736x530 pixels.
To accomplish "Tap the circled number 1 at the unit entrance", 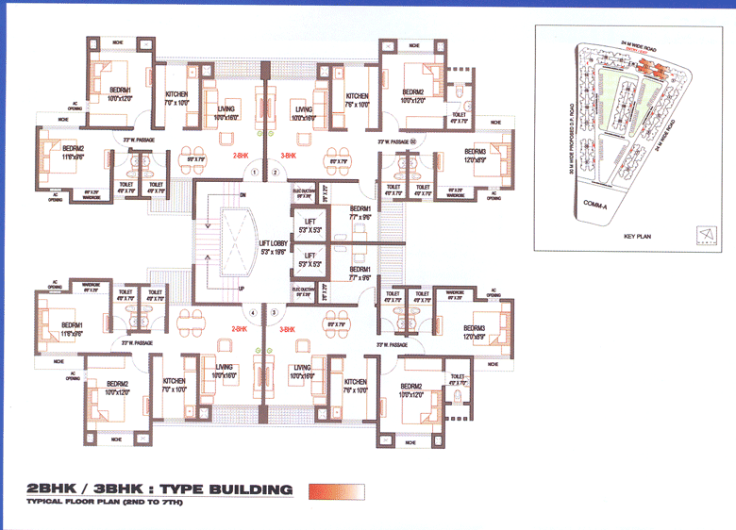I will click(x=254, y=173).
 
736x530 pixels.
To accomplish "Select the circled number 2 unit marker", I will click(x=275, y=173).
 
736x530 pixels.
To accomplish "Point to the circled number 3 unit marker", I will click(x=275, y=312).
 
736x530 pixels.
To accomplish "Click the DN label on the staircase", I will click(x=243, y=195).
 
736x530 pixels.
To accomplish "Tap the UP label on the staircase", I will click(x=243, y=289).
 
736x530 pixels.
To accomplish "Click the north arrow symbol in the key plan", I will click(x=700, y=232).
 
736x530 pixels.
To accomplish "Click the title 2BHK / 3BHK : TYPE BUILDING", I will click(x=159, y=489).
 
